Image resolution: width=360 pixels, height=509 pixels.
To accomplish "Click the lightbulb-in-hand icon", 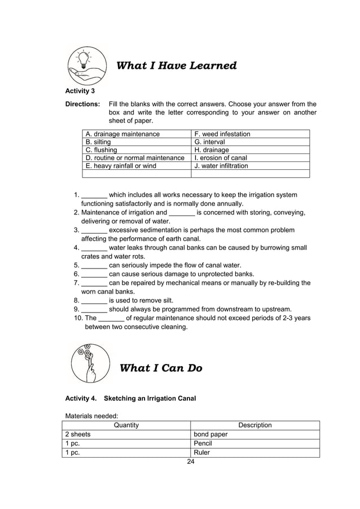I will (x=86, y=65).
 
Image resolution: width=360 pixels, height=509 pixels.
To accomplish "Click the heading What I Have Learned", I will (x=176, y=66).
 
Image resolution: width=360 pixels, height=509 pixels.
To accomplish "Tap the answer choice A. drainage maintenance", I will (x=122, y=134).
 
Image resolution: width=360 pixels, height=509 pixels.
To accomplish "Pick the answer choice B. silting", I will (x=98, y=142).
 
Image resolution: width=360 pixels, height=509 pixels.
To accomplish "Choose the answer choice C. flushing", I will (x=102, y=150).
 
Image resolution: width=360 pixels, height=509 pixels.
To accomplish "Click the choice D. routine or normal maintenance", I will (x=135, y=158).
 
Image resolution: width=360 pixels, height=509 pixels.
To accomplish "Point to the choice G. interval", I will (x=209, y=142).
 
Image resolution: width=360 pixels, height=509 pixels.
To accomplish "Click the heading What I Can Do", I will (x=161, y=368).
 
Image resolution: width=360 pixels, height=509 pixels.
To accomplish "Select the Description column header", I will (x=255, y=425).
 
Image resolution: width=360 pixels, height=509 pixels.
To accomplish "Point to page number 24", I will (x=190, y=462).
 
